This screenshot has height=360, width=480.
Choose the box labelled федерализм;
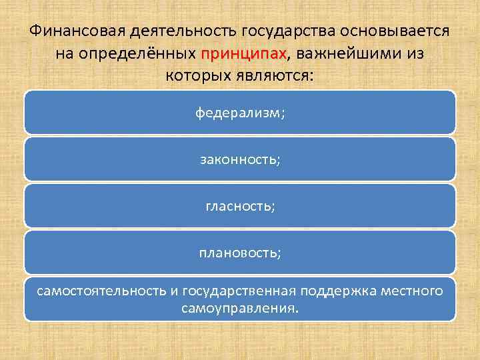[240, 113]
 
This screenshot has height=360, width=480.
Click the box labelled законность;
[240, 159]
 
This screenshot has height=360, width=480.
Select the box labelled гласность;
[240, 206]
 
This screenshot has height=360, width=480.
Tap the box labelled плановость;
[240, 253]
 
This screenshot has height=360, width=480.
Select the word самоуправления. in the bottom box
[240, 309]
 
